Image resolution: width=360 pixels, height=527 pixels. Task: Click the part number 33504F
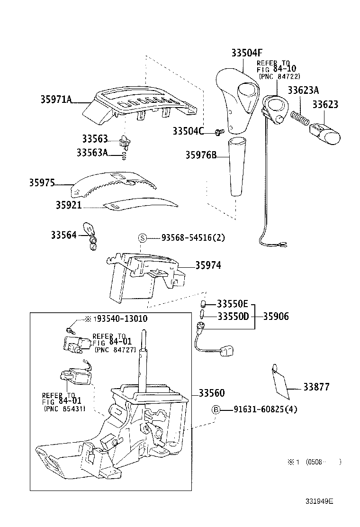(x=246, y=53)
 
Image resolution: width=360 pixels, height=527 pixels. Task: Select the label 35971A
(x=56, y=99)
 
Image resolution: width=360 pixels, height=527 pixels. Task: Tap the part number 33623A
(x=303, y=90)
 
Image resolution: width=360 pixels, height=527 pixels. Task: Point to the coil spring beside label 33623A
(x=299, y=118)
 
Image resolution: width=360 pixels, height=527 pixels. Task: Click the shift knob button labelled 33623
(x=324, y=134)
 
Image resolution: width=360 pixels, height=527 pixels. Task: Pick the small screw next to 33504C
(x=219, y=132)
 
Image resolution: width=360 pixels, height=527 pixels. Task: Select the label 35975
(x=42, y=183)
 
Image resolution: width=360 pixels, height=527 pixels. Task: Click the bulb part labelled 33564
(x=90, y=236)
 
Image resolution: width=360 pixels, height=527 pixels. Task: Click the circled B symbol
(x=216, y=409)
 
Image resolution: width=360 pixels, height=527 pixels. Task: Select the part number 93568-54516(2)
(x=193, y=237)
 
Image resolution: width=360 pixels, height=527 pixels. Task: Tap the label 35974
(x=208, y=265)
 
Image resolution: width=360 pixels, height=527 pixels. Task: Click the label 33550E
(x=233, y=304)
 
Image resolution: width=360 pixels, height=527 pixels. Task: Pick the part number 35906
(x=276, y=316)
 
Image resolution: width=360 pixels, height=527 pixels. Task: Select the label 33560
(x=212, y=392)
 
